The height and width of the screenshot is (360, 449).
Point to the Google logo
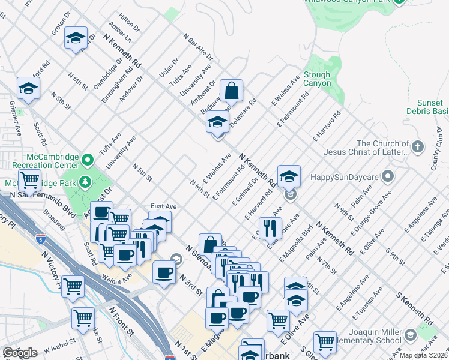click(x=19, y=353)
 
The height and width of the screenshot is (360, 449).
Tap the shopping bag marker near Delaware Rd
click(x=231, y=91)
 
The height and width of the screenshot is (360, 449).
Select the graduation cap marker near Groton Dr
click(x=76, y=39)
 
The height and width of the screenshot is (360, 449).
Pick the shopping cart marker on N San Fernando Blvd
click(x=29, y=179)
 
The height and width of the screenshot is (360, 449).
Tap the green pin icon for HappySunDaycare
click(x=388, y=176)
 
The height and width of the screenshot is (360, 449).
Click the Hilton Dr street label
click(x=130, y=23)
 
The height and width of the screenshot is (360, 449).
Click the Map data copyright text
click(x=424, y=355)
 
